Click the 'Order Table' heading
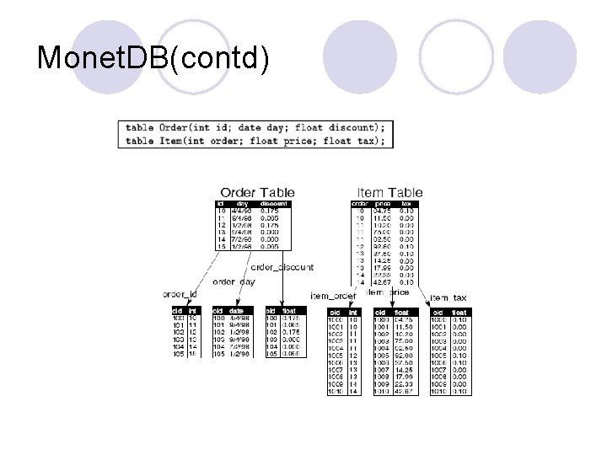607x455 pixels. [257, 193]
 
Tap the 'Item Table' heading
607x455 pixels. [390, 193]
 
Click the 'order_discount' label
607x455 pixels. [282, 267]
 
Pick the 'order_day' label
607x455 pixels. [234, 281]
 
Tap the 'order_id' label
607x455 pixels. [180, 293]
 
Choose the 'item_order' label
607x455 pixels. [333, 296]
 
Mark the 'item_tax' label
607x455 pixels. [450, 297]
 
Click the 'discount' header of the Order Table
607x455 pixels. [274, 204]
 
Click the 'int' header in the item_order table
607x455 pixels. [354, 313]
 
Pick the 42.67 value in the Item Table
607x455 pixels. [384, 281]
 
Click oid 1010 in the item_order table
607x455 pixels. [336, 391]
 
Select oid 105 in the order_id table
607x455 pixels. [177, 354]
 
